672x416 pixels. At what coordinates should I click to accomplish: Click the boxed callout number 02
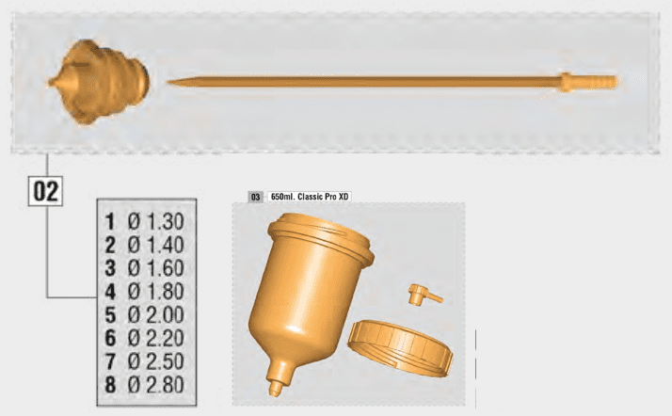pos(45,191)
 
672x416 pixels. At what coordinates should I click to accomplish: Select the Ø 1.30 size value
pos(156,221)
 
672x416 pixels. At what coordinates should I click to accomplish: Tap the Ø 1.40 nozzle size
pos(156,245)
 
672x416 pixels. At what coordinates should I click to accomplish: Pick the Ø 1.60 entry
pos(156,268)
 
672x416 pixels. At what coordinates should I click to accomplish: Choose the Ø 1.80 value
pos(156,292)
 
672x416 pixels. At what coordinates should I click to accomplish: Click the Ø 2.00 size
pos(156,315)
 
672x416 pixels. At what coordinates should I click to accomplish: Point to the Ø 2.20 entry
pos(156,338)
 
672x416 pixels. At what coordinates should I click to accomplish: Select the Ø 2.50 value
pos(156,361)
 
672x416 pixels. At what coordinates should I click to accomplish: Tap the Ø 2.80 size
pos(156,384)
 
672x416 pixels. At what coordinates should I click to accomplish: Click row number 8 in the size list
pos(110,384)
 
